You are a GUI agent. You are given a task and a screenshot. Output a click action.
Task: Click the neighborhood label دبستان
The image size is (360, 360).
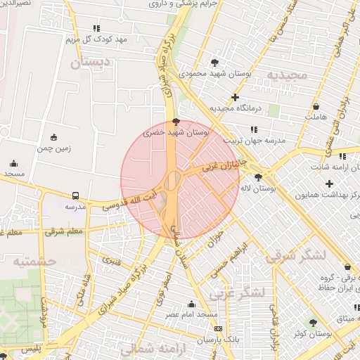point(91,63)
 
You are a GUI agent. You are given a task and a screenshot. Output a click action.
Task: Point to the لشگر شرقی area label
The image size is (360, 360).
point(296,256)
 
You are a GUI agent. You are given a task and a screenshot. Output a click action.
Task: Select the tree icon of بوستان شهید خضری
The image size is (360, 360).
point(176,122)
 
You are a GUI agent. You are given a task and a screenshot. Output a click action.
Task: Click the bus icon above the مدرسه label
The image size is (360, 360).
point(75,195)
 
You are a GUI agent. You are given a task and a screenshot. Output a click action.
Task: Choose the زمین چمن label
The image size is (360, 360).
point(54,148)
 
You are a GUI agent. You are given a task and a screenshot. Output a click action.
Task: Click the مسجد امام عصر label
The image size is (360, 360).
point(191,315)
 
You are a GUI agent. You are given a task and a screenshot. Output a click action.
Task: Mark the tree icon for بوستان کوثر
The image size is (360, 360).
point(313,323)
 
